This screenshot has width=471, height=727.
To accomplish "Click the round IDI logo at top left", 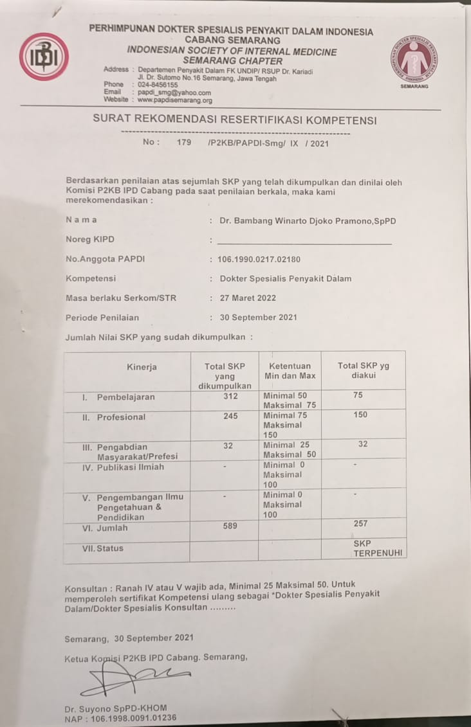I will (x=44, y=57).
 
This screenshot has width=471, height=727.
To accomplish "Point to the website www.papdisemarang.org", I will (x=174, y=100).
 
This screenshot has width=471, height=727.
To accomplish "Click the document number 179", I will (x=184, y=143).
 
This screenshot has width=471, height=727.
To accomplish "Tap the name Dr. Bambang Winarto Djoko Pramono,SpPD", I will (x=308, y=220).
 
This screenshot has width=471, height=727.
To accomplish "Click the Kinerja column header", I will (x=142, y=367).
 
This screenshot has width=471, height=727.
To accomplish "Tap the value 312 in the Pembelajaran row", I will (x=230, y=397).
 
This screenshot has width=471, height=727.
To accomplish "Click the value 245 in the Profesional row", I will (x=230, y=416).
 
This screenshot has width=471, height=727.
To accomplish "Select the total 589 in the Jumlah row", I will (x=230, y=526).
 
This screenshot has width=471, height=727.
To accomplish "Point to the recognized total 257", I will (x=361, y=524).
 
